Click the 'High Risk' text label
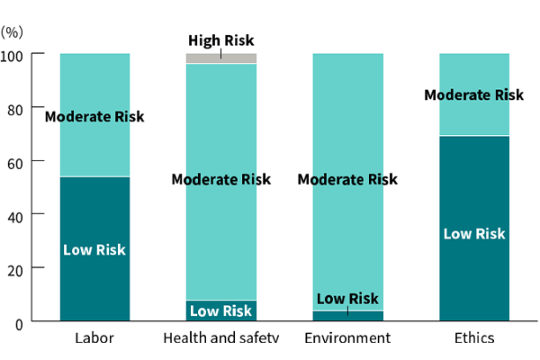tap(220, 40)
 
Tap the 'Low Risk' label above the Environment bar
tap(347, 299)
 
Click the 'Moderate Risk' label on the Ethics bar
tap(474, 94)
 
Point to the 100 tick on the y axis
tap(21, 54)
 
